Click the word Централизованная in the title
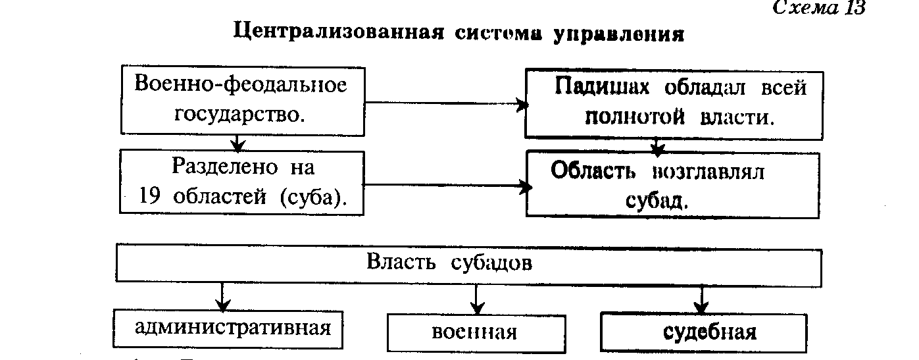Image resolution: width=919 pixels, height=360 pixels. click(339, 32)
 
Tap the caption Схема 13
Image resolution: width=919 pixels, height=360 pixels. click(819, 8)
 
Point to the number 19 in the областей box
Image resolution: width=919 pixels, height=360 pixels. click(149, 196)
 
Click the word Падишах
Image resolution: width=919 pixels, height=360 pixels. click(602, 87)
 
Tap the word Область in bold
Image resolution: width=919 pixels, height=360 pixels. click(593, 170)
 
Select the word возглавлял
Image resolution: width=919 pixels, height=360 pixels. click(708, 172)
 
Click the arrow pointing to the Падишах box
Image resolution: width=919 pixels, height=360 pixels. click(447, 103)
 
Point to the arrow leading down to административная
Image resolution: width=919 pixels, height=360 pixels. click(222, 296)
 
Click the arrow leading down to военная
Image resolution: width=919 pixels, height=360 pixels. click(476, 299)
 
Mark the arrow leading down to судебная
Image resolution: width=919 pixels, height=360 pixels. click(701, 300)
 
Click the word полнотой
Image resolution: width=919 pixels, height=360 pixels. click(635, 117)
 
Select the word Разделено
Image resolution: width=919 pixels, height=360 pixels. click(225, 167)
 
